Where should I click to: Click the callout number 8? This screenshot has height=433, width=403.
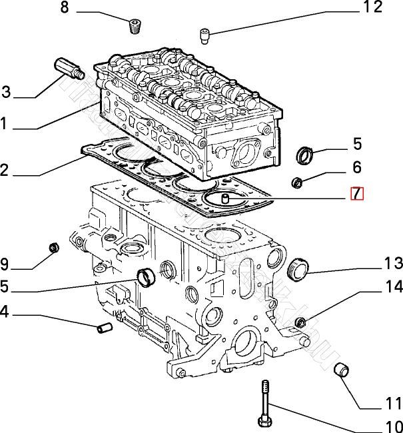(64, 8)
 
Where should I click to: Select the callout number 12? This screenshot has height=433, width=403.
(372, 7)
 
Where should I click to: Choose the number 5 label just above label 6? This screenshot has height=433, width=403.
(357, 143)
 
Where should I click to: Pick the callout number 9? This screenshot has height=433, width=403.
(6, 263)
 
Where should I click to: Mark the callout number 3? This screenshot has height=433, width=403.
(6, 91)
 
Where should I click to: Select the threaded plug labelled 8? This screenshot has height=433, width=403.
(135, 27)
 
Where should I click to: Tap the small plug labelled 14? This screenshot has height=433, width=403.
(300, 323)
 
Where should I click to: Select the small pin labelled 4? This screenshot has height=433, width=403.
(104, 327)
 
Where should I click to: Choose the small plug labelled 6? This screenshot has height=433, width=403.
(298, 182)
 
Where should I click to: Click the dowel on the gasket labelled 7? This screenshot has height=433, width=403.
(225, 198)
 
